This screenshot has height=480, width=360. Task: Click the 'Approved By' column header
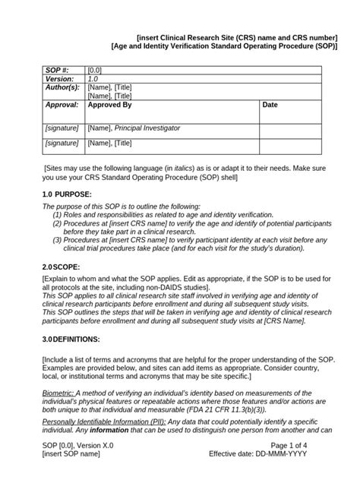pyautogui.click(x=109, y=105)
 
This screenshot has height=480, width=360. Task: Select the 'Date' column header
pyautogui.click(x=270, y=105)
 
